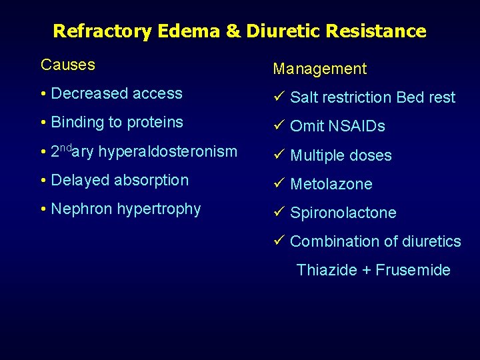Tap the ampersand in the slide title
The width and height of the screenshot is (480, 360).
[235, 31]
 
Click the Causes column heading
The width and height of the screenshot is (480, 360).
[67, 65]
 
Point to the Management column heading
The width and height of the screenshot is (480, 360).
[319, 69]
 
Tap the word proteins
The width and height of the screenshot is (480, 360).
[155, 123]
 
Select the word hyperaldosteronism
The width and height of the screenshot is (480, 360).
[167, 152]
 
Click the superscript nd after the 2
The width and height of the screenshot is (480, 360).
[65, 147]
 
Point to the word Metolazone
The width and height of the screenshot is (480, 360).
[331, 184]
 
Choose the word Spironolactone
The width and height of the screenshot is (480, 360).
[343, 213]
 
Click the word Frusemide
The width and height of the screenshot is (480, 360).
[413, 270]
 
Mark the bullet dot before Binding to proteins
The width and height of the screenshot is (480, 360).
[43, 123]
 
